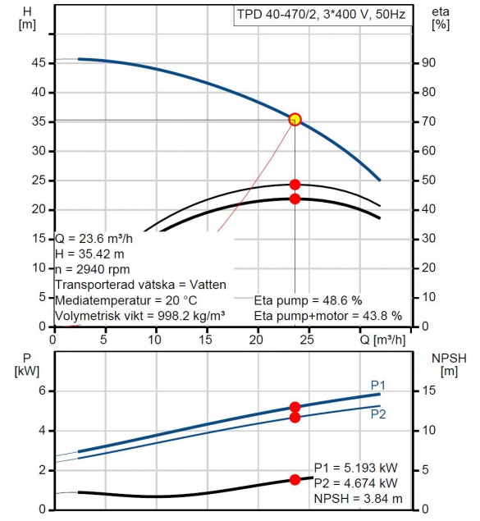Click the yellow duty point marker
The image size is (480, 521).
pos(295,119)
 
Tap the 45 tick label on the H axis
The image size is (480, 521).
pos(39,62)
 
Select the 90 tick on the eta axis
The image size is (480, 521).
pos(428,62)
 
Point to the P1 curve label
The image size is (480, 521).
pos(378,386)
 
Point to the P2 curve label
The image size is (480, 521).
pos(378,414)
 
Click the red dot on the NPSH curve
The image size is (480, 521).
pos(295,479)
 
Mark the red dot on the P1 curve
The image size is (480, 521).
pos(295,407)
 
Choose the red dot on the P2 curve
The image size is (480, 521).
pos(295,418)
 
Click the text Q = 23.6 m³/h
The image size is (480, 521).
pos(94,239)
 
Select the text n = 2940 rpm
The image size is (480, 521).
pos(93,269)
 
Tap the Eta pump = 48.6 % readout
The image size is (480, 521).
pos(308,300)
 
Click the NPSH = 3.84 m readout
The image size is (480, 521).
pos(358,498)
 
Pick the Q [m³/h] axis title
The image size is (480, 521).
pos(383,340)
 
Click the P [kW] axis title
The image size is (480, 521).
pos(27,365)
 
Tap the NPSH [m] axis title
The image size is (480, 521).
pos(449,365)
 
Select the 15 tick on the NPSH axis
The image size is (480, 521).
pos(428,391)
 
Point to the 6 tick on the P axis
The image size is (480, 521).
pos(42,391)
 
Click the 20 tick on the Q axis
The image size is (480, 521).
pos(256,340)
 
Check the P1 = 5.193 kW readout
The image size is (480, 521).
pos(356,468)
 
